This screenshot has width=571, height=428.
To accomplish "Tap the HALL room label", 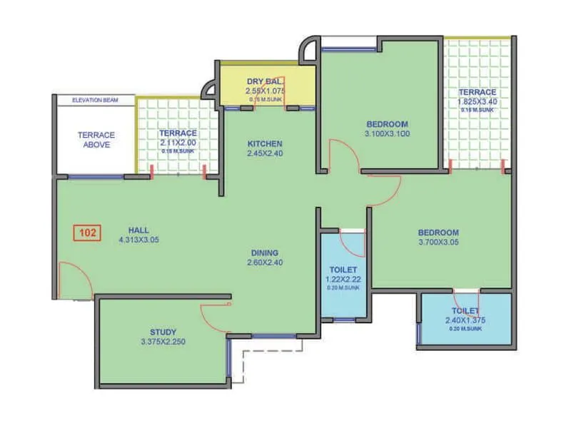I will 138,230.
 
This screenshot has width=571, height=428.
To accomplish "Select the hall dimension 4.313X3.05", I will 138,240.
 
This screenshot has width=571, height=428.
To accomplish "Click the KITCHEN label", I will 265,143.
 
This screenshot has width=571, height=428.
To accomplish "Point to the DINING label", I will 264,253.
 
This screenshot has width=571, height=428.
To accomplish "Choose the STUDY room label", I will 163,332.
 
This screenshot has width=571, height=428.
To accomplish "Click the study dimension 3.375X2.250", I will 163,342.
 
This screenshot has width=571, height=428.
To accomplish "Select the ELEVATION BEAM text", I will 95,101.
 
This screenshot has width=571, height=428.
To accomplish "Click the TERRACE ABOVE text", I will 96,140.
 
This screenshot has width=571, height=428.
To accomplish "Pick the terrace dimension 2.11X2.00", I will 178,142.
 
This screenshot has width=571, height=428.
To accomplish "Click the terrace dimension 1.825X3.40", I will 477,102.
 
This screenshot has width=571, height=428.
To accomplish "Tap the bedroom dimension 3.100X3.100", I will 387,133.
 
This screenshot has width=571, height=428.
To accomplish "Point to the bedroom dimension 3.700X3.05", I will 438,243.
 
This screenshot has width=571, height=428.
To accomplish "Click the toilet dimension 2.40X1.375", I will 464,321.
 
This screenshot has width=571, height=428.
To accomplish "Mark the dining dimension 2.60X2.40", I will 264,263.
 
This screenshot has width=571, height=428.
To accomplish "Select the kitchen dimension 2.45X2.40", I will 265,153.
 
